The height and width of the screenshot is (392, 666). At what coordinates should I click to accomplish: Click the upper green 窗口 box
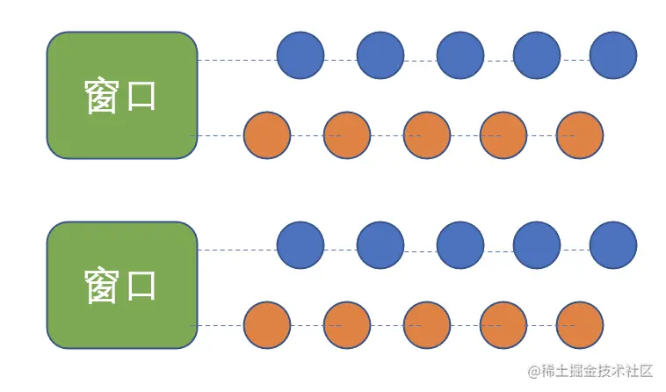pyautogui.click(x=121, y=95)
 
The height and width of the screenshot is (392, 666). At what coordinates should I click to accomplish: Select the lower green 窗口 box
pyautogui.click(x=121, y=285)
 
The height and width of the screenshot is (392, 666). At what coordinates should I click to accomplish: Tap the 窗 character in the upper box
pyautogui.click(x=102, y=96)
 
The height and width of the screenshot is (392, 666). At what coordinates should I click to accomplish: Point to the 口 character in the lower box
pyautogui.click(x=141, y=286)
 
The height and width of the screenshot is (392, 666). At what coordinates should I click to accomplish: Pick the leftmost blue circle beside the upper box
pyautogui.click(x=300, y=55)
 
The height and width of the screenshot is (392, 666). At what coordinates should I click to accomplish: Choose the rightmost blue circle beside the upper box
pyautogui.click(x=612, y=55)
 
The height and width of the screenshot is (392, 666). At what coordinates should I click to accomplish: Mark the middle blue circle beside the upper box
pyautogui.click(x=460, y=55)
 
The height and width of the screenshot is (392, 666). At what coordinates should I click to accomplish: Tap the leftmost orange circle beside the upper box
pyautogui.click(x=267, y=135)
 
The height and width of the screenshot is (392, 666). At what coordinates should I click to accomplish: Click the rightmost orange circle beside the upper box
pyautogui.click(x=580, y=135)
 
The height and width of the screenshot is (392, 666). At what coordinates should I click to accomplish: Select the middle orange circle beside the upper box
pyautogui.click(x=427, y=135)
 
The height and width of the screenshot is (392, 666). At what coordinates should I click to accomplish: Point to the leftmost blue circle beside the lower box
pyautogui.click(x=300, y=245)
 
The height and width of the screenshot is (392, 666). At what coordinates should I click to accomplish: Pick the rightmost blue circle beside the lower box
pyautogui.click(x=612, y=245)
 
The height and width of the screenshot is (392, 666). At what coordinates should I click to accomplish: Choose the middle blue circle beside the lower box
pyautogui.click(x=460, y=245)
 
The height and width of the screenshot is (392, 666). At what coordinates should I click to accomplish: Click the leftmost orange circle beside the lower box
pyautogui.click(x=267, y=325)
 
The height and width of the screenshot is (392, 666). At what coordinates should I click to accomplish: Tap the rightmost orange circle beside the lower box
pyautogui.click(x=580, y=325)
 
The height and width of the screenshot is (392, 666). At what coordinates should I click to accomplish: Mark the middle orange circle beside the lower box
pyautogui.click(x=427, y=325)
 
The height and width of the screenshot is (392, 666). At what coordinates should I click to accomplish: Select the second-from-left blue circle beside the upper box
pyautogui.click(x=380, y=55)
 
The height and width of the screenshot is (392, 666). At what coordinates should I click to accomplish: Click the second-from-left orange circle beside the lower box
pyautogui.click(x=347, y=325)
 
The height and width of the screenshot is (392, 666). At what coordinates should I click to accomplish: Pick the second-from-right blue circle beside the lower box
pyautogui.click(x=537, y=245)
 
